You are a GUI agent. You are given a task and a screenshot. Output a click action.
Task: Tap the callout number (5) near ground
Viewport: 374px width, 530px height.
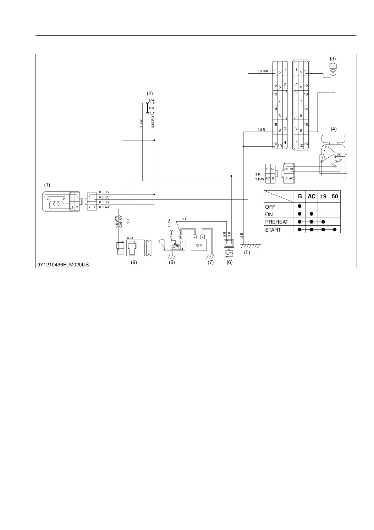[x=247, y=252]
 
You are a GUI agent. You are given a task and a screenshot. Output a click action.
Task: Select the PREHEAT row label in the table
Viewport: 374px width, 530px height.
[x=277, y=222]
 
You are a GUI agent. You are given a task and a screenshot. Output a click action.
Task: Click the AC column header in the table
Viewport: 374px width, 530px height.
[x=311, y=196]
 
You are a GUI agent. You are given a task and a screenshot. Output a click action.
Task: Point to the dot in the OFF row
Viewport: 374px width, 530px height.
[x=300, y=206]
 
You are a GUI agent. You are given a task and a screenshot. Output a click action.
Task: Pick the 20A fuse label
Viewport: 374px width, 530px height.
[x=151, y=100]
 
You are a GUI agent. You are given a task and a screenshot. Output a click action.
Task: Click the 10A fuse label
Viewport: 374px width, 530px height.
[x=151, y=108]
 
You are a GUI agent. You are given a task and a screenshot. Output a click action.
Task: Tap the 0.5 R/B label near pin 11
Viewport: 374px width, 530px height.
[x=263, y=71]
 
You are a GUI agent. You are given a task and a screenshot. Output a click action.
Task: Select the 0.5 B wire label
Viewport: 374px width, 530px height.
[x=261, y=130]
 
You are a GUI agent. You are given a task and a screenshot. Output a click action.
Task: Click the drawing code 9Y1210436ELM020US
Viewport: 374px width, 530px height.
[x=63, y=265]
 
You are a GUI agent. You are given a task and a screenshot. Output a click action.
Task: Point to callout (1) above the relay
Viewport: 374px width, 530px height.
[x=47, y=185]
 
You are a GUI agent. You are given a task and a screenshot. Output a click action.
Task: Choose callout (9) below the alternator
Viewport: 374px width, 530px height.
[x=134, y=262]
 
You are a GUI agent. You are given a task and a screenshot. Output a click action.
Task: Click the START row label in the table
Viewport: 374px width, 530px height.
[x=273, y=230]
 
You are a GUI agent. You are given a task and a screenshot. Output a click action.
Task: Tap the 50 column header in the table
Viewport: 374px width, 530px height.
[x=335, y=196]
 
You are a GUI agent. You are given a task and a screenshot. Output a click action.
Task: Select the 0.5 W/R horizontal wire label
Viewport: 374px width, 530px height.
[x=105, y=207]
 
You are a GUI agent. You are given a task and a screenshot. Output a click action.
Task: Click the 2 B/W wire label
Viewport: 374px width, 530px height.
[x=169, y=223]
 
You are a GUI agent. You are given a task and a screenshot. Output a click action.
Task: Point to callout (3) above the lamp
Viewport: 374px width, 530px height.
[x=333, y=59]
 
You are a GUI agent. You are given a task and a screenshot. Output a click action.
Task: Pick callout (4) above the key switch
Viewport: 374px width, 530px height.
[x=333, y=129]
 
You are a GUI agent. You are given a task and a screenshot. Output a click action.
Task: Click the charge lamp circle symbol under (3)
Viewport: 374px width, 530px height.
[x=333, y=73]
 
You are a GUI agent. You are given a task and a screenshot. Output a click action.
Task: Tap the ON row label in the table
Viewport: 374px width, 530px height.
[x=269, y=214]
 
